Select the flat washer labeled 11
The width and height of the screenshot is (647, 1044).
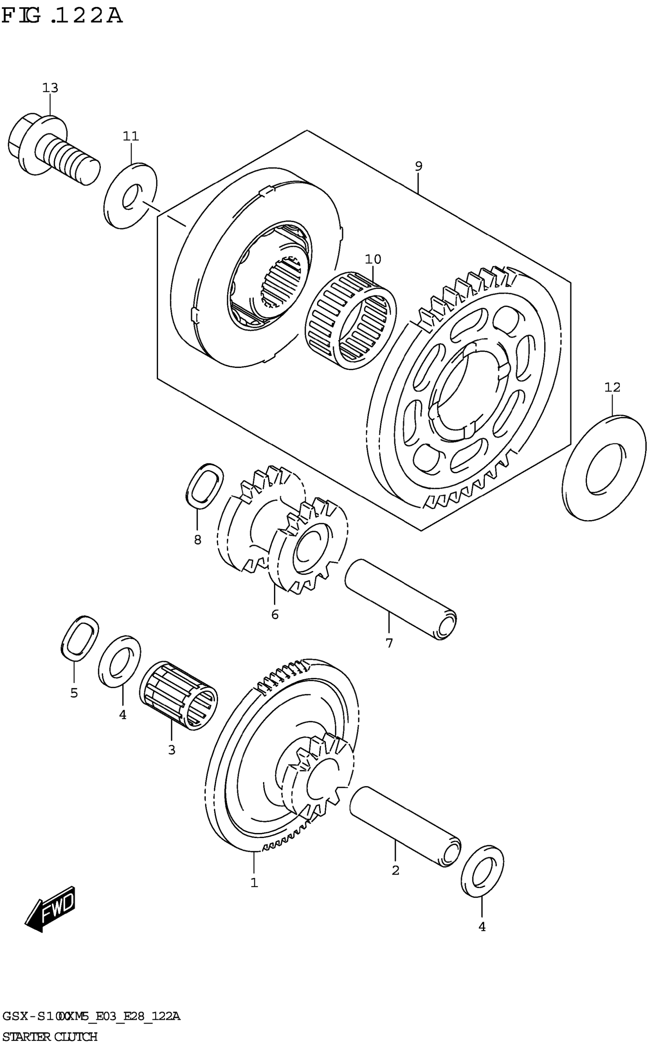point(130,195)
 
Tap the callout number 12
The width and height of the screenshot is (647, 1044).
point(612,387)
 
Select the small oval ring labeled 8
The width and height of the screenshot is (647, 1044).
point(204,486)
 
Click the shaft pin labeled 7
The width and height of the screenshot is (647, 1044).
point(400,599)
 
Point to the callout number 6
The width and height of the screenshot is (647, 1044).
point(275,615)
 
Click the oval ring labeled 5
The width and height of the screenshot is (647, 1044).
point(80,638)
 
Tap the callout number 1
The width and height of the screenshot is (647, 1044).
point(254,883)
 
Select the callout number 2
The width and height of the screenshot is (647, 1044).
point(395,870)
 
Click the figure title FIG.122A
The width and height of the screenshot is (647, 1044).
point(62,16)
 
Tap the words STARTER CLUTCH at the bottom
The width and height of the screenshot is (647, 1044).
point(50,1033)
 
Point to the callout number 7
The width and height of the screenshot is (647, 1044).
point(389,643)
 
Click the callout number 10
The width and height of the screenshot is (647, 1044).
point(373,259)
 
